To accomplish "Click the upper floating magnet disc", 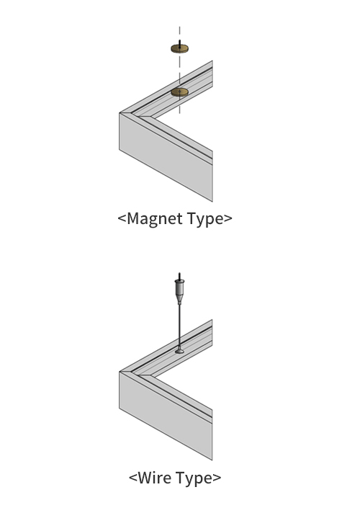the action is [180, 49].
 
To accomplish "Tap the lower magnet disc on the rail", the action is [180, 92].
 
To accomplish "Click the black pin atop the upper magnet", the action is [180, 43].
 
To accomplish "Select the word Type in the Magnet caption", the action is [205, 219].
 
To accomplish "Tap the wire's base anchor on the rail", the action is [180, 351].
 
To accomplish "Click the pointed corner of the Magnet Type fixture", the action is [120, 113].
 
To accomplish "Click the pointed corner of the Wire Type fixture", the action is [120, 372].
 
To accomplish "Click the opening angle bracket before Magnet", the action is [122, 218].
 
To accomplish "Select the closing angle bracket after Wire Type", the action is [217, 478].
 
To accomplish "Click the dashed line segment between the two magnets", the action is [180, 71].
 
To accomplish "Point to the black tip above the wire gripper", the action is [180, 276].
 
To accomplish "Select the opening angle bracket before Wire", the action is [133, 478].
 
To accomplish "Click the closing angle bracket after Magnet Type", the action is [228, 218].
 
